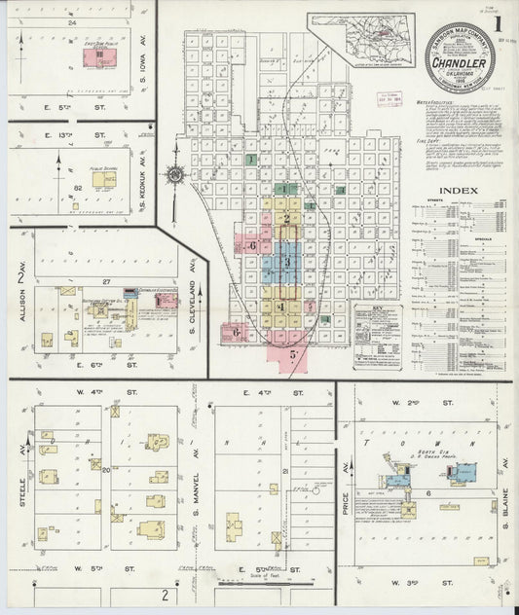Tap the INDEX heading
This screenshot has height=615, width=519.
pos(458,190)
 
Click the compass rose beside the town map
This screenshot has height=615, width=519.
pos(174,175)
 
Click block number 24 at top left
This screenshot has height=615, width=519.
pos(72,20)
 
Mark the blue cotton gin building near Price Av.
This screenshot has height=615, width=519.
pos(396,480)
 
